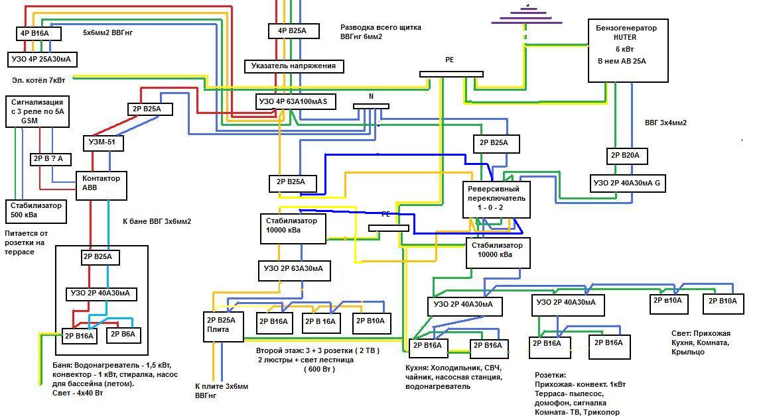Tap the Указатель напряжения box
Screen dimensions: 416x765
click(x=294, y=66)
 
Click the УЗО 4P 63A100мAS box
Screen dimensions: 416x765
click(x=295, y=102)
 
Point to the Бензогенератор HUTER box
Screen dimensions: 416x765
click(x=628, y=50)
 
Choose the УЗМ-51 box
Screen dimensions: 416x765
click(x=103, y=142)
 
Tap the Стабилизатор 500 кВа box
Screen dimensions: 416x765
click(x=36, y=211)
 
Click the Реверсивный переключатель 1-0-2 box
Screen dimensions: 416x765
click(x=496, y=198)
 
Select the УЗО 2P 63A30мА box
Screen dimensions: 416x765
click(x=294, y=269)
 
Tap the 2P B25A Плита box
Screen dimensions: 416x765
click(x=222, y=325)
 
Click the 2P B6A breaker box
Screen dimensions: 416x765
click(x=123, y=335)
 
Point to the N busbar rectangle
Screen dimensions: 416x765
click(x=371, y=106)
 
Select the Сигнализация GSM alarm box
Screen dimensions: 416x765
click(x=37, y=111)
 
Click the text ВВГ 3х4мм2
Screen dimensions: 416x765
click(x=665, y=123)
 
